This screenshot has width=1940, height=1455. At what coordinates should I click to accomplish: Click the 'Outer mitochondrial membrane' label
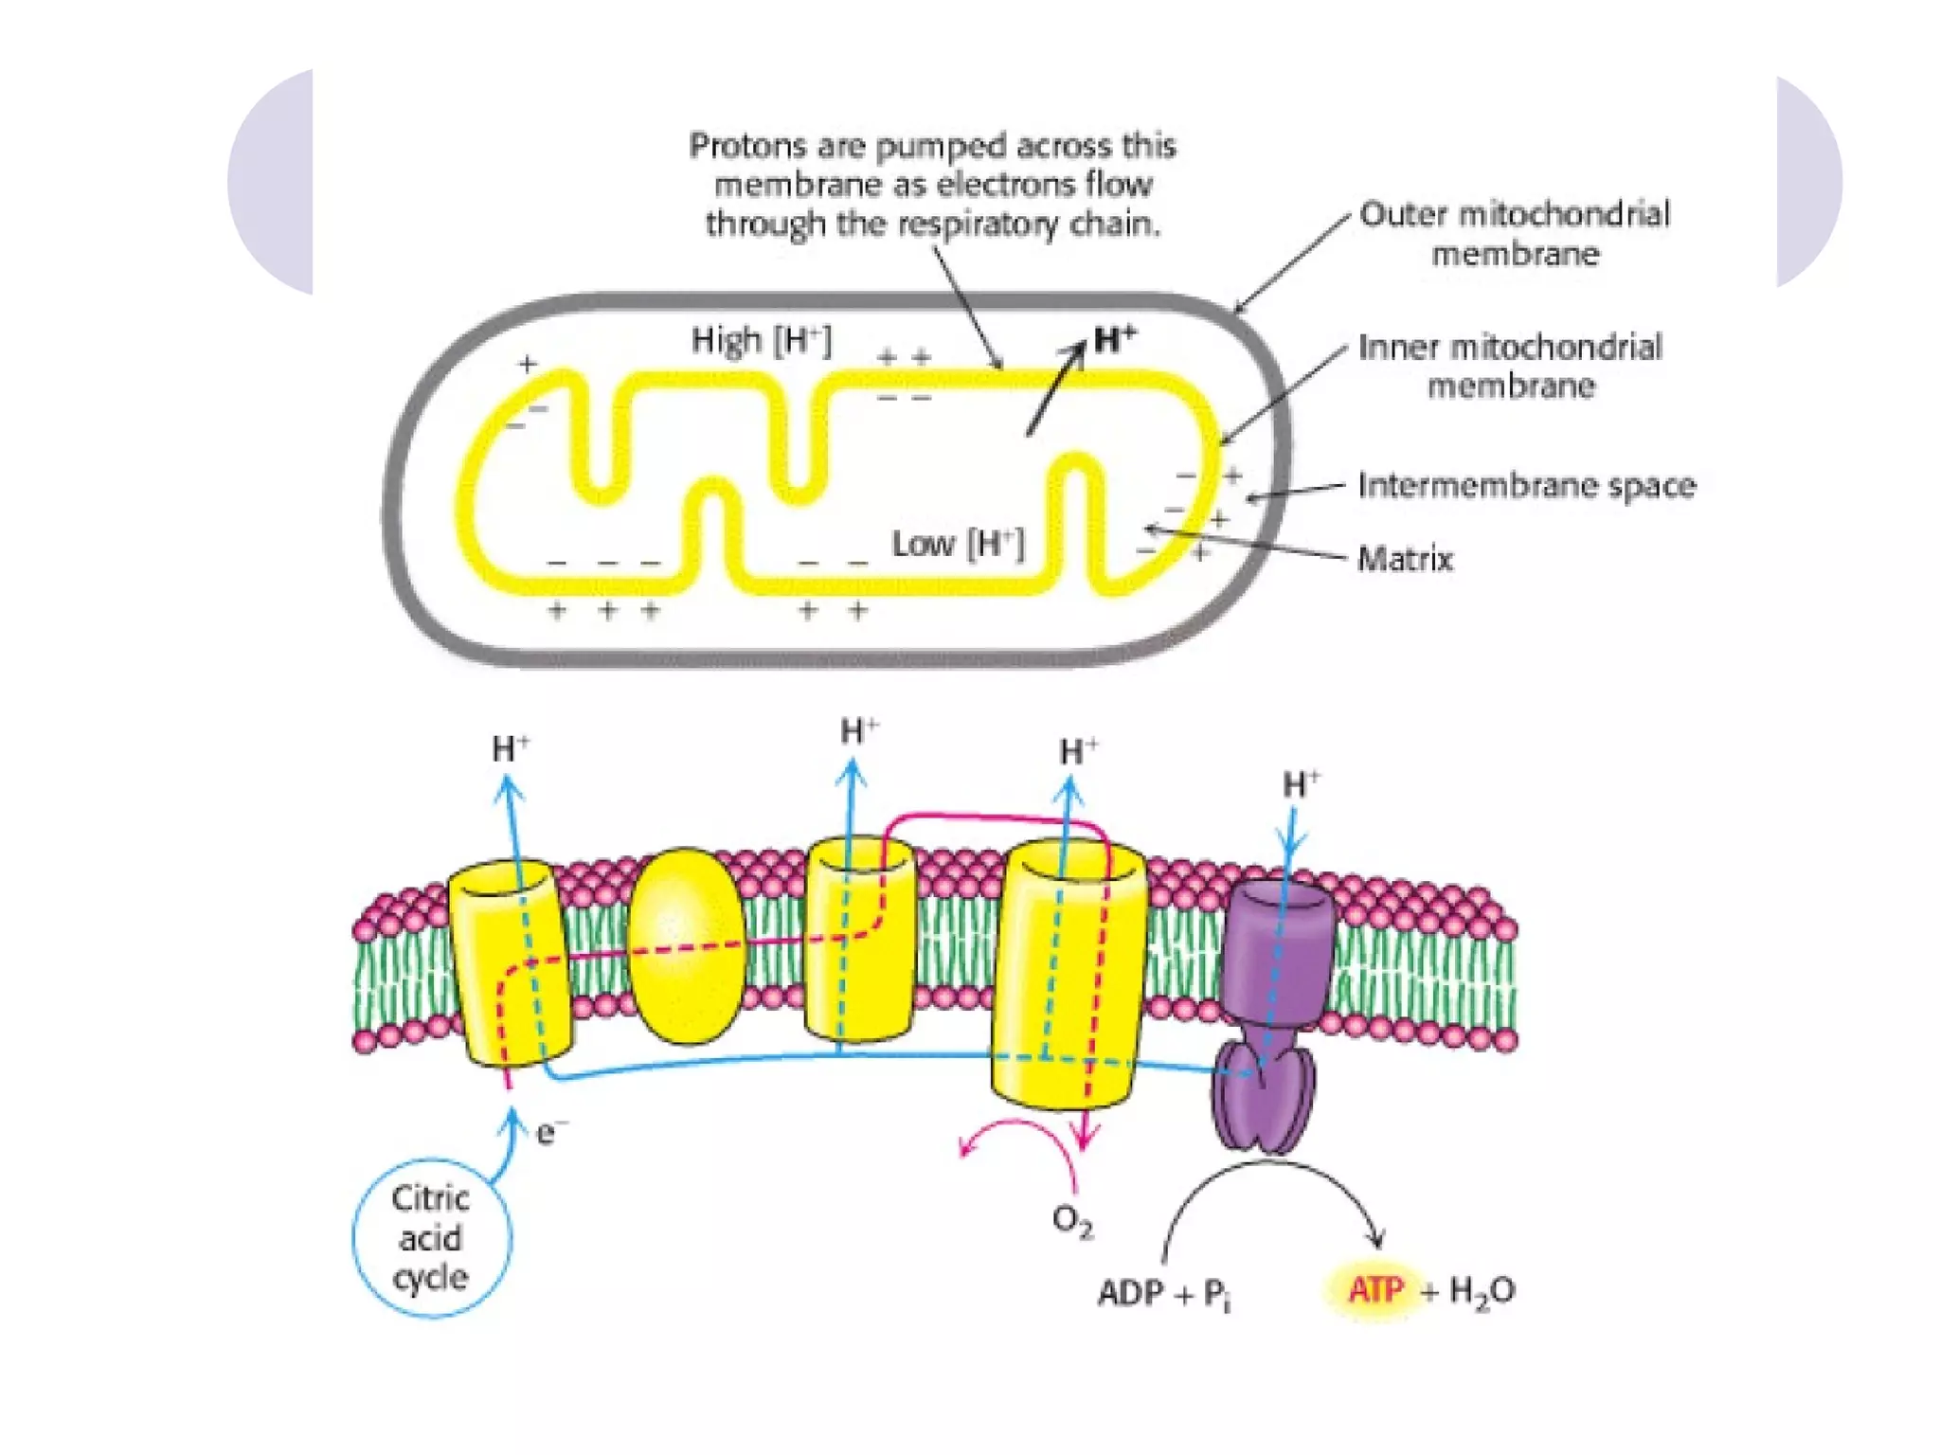click(1514, 234)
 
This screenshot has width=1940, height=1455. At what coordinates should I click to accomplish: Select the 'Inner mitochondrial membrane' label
click(1510, 367)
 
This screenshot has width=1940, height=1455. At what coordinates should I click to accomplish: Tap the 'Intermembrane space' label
click(1526, 485)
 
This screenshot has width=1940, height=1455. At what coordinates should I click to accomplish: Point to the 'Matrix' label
click(1405, 559)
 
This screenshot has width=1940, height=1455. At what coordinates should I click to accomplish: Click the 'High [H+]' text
click(761, 340)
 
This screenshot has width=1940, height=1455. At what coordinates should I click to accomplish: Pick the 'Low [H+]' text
click(958, 544)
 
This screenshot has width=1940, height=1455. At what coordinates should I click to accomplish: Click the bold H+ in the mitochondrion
click(1114, 339)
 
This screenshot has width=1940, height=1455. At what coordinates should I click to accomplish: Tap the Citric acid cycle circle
click(431, 1237)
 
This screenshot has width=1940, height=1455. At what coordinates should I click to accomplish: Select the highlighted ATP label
click(1375, 1290)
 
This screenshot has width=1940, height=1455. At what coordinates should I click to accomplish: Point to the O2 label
click(1072, 1221)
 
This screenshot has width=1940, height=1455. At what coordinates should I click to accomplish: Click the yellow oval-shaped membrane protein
click(687, 945)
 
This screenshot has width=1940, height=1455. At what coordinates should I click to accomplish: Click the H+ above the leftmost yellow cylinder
click(511, 749)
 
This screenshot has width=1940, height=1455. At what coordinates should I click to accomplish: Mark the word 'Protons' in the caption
click(737, 146)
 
